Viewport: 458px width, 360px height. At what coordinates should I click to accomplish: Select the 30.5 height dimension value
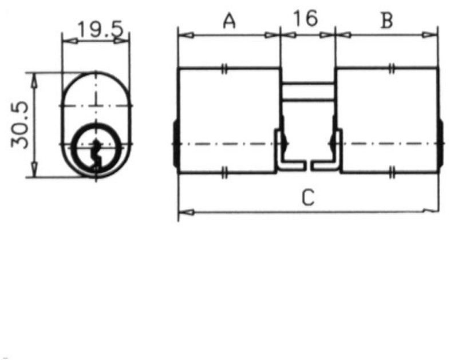click(22, 124)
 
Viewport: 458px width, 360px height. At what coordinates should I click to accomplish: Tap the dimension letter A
click(229, 21)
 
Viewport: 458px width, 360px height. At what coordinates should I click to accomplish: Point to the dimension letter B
click(387, 21)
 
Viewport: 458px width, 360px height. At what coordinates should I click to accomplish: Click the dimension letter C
click(309, 198)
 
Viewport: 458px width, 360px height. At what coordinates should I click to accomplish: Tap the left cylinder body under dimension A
click(229, 120)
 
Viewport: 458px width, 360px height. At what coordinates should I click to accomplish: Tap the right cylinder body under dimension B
click(387, 120)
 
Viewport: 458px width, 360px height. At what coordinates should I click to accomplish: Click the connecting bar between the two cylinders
click(307, 92)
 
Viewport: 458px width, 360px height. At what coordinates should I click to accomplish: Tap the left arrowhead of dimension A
click(184, 35)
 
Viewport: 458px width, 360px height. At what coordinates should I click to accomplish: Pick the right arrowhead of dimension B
click(433, 35)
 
